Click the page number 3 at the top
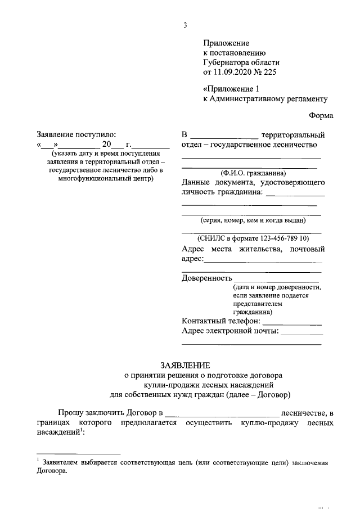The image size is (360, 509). (184, 25)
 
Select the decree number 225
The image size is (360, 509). (269, 72)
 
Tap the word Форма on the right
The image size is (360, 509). (321, 115)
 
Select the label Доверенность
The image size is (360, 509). (207, 277)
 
